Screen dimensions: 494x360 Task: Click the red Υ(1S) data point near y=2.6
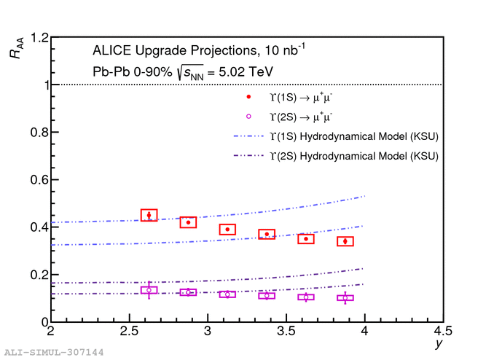pyautogui.click(x=149, y=215)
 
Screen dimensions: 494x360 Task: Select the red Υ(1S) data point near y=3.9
pyautogui.click(x=345, y=241)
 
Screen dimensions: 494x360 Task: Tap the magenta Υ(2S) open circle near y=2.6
pyautogui.click(x=149, y=290)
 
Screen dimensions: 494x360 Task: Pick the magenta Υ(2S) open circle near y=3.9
pyautogui.click(x=345, y=298)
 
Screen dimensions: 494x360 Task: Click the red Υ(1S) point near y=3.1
pyautogui.click(x=227, y=230)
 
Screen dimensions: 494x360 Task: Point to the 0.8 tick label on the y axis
pyautogui.click(x=39, y=133)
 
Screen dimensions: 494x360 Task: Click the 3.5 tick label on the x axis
pyautogui.click(x=286, y=331)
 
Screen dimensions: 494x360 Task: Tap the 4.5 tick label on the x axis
pyautogui.click(x=443, y=331)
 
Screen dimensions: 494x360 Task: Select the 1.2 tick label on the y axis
pyautogui.click(x=39, y=38)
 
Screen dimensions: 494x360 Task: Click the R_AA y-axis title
pyautogui.click(x=16, y=48)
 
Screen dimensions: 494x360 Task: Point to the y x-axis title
pyautogui.click(x=439, y=343)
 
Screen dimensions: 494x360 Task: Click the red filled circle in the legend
pyautogui.click(x=248, y=97)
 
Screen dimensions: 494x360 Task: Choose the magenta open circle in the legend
pyautogui.click(x=248, y=117)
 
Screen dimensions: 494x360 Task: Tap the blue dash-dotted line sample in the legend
pyautogui.click(x=248, y=136)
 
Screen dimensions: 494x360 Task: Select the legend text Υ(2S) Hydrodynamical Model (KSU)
pyautogui.click(x=354, y=156)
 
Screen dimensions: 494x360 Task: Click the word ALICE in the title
pyautogui.click(x=111, y=50)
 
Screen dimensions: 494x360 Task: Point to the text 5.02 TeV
pyautogui.click(x=246, y=72)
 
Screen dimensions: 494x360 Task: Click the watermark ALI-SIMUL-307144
pyautogui.click(x=54, y=352)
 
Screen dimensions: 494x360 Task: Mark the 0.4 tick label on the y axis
pyautogui.click(x=39, y=227)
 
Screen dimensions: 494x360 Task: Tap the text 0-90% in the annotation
pyautogui.click(x=153, y=72)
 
